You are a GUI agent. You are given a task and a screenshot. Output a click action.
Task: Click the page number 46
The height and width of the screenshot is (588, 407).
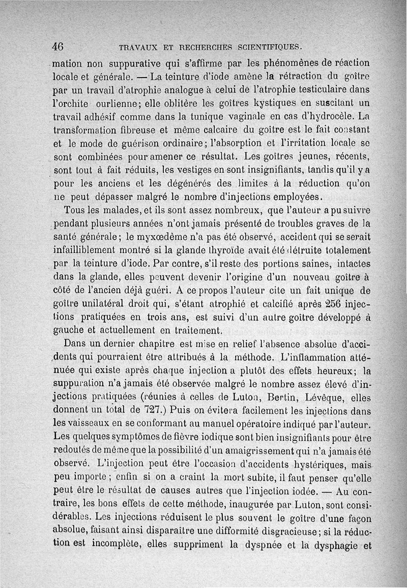(x=57, y=46)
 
